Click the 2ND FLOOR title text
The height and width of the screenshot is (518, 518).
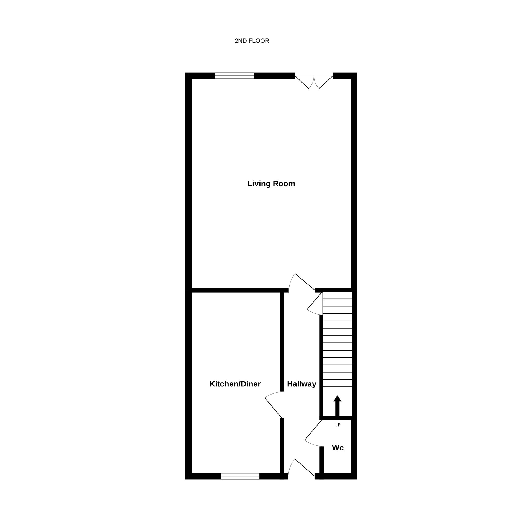coord(252,41)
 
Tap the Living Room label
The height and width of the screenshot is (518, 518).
coord(271,184)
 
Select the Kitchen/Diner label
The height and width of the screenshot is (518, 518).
coord(235,384)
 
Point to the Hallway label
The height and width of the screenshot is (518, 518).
coord(301,384)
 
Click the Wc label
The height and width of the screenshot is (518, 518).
coord(338,448)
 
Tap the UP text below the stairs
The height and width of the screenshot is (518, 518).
coord(337,425)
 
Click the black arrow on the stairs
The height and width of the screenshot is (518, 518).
coord(337,406)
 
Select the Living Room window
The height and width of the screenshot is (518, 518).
coord(234,76)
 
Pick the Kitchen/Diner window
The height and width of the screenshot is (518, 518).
coord(240,476)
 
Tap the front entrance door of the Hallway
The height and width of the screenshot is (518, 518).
coord(301,469)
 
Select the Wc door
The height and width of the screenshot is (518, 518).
coord(314,433)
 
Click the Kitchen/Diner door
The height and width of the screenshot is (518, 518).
coord(273,404)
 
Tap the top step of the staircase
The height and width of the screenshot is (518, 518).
coord(337,296)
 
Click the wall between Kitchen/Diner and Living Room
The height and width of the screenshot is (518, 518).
coord(236,290)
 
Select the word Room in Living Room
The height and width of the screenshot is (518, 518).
coord(284,184)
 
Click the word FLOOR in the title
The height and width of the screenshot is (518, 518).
coord(259,41)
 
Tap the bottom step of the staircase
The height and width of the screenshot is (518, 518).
coord(337,383)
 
